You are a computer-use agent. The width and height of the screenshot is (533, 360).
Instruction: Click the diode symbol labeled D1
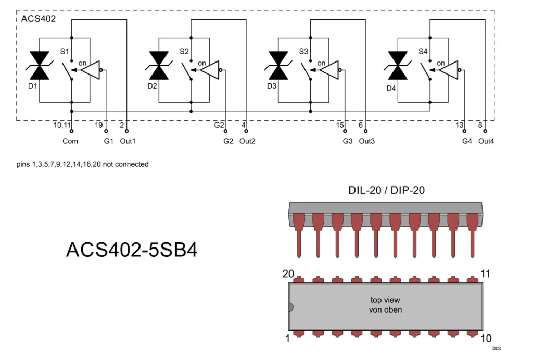pos(40,66)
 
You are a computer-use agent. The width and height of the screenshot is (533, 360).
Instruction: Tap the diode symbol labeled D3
pos(279,66)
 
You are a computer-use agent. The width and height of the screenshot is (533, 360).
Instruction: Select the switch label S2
pos(184,52)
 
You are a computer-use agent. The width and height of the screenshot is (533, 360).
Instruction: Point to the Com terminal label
pos(70,141)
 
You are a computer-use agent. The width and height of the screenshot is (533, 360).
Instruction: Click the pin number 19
pos(99,125)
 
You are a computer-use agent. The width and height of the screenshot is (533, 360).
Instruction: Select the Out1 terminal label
pos(128,141)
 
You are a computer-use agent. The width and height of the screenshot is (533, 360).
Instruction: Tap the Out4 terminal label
pos(486,141)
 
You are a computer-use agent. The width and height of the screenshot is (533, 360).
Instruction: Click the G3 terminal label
pos(348,141)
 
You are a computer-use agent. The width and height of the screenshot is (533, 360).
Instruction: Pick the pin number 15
pos(340,125)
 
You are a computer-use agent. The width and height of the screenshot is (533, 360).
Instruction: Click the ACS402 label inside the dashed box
pos(39,19)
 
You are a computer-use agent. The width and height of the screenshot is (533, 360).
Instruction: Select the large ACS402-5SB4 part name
pos(132,250)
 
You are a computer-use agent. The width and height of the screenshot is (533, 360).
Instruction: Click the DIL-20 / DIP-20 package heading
pos(386,190)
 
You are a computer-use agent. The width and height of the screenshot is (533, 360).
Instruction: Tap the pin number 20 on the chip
pos(288,274)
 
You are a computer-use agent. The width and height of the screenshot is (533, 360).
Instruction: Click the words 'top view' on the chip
pos(386,300)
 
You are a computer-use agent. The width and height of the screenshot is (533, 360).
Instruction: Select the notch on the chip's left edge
pos(291,307)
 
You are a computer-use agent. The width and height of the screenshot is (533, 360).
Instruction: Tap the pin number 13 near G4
pos(459,125)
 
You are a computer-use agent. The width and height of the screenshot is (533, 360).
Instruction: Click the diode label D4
pos(391,88)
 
